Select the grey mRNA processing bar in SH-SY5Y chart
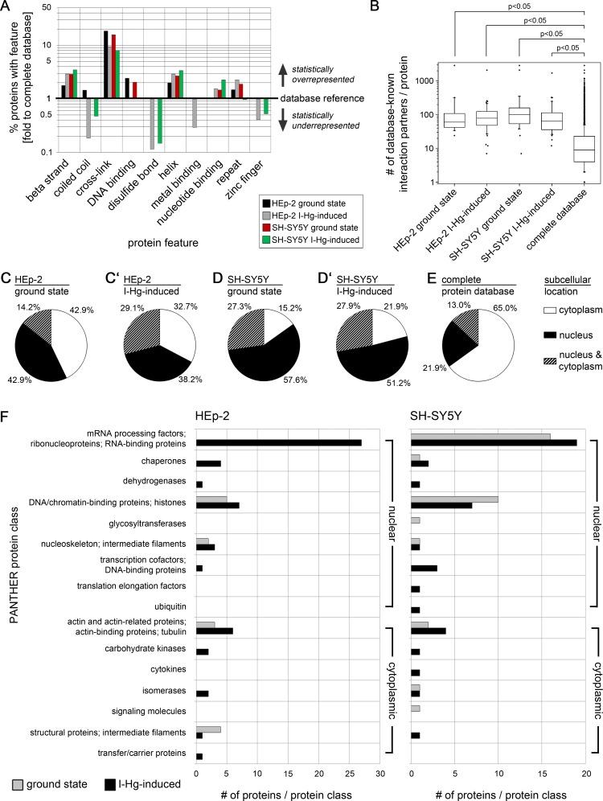(481, 436)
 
